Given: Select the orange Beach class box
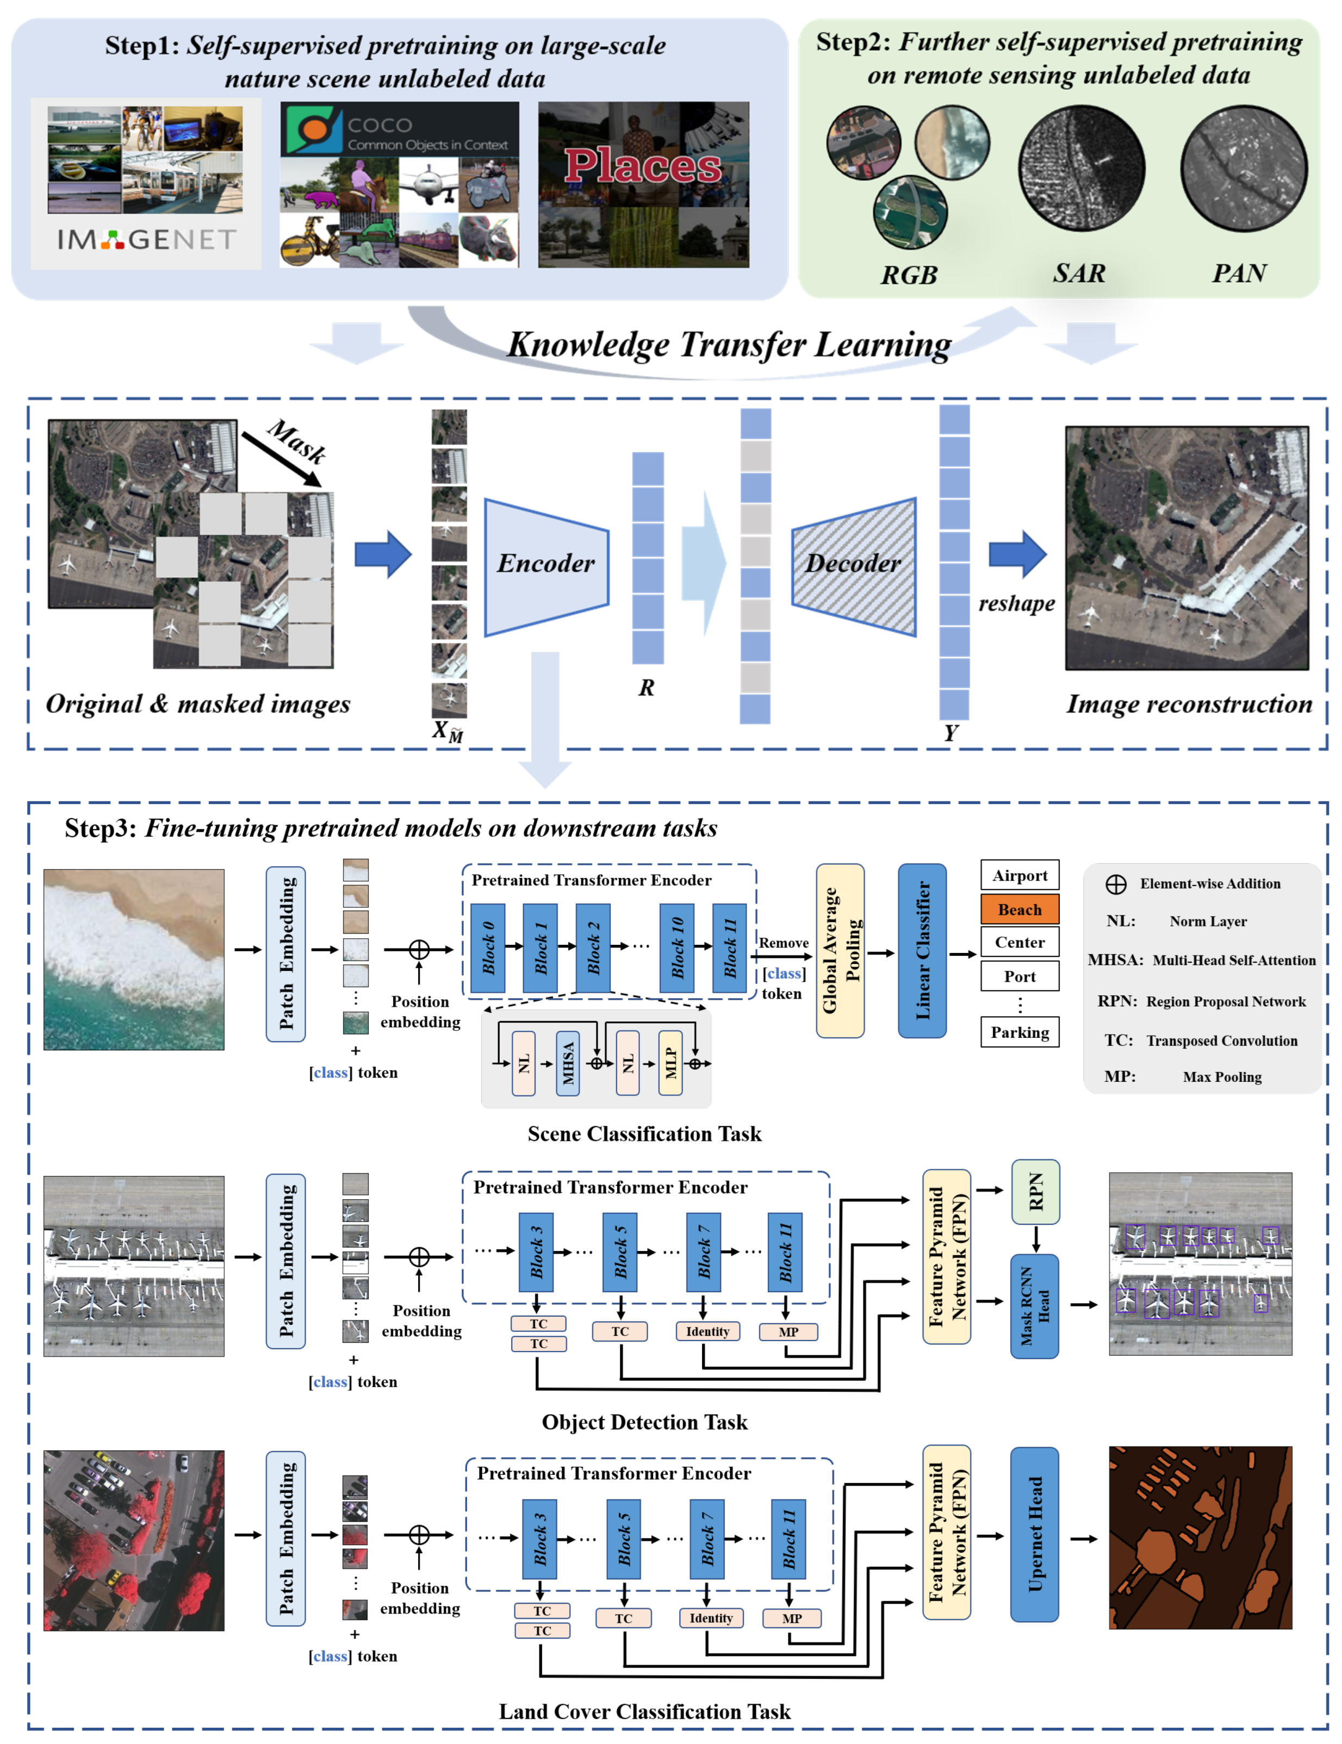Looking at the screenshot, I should tap(1020, 909).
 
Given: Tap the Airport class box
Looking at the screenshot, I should tap(1020, 875).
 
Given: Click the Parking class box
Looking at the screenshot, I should tap(1020, 1032).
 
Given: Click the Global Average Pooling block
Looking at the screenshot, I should tap(840, 950).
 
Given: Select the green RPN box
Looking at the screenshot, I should tap(1035, 1192).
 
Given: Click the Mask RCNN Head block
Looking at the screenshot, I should tap(1034, 1306).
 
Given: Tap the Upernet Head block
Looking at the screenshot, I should tap(1034, 1534).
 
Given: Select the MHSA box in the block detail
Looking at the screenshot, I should tap(567, 1063).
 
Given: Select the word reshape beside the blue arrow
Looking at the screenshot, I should tap(1016, 603).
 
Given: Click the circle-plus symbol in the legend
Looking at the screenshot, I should tap(1115, 884).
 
